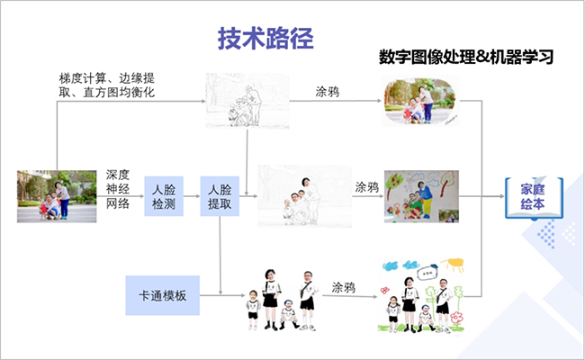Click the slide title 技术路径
pos(265,39)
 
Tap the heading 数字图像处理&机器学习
pos(466,57)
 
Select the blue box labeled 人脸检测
pos(164,196)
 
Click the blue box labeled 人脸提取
pos(220,196)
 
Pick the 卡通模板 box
pos(163,295)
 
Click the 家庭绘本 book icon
pos(534,198)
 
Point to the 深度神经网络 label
pos(118,189)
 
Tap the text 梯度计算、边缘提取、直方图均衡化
pos(107,85)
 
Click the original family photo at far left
pos(57,196)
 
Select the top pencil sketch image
pos(247,101)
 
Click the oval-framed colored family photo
pos(420,101)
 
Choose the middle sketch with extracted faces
pos(305,196)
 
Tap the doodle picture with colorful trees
pos(421,196)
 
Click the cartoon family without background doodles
pos(283,300)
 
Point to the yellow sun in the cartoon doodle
pos(454,264)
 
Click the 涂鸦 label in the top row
pos(328,92)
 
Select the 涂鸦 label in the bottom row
pos(344,288)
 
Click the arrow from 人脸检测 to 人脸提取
pos(192,196)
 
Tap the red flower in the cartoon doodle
pos(456,318)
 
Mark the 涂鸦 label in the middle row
pos(366,187)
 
